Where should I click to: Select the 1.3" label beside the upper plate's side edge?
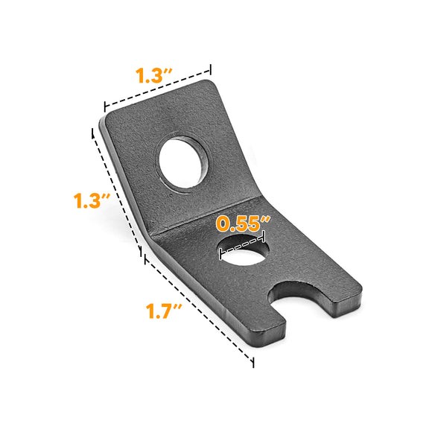point(92,201)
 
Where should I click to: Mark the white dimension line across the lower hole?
point(243,247)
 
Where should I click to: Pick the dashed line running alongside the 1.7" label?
point(198,310)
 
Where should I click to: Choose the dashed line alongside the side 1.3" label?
point(117,191)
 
